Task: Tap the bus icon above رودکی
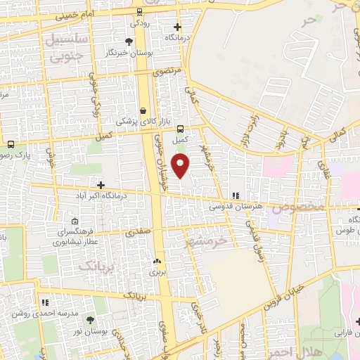pyautogui.click(x=140, y=11)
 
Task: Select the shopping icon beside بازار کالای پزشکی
pyautogui.click(x=143, y=110)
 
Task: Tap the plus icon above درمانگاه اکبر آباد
pyautogui.click(x=101, y=185)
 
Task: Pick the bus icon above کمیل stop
pyautogui.click(x=181, y=129)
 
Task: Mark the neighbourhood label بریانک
pyautogui.click(x=96, y=266)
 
